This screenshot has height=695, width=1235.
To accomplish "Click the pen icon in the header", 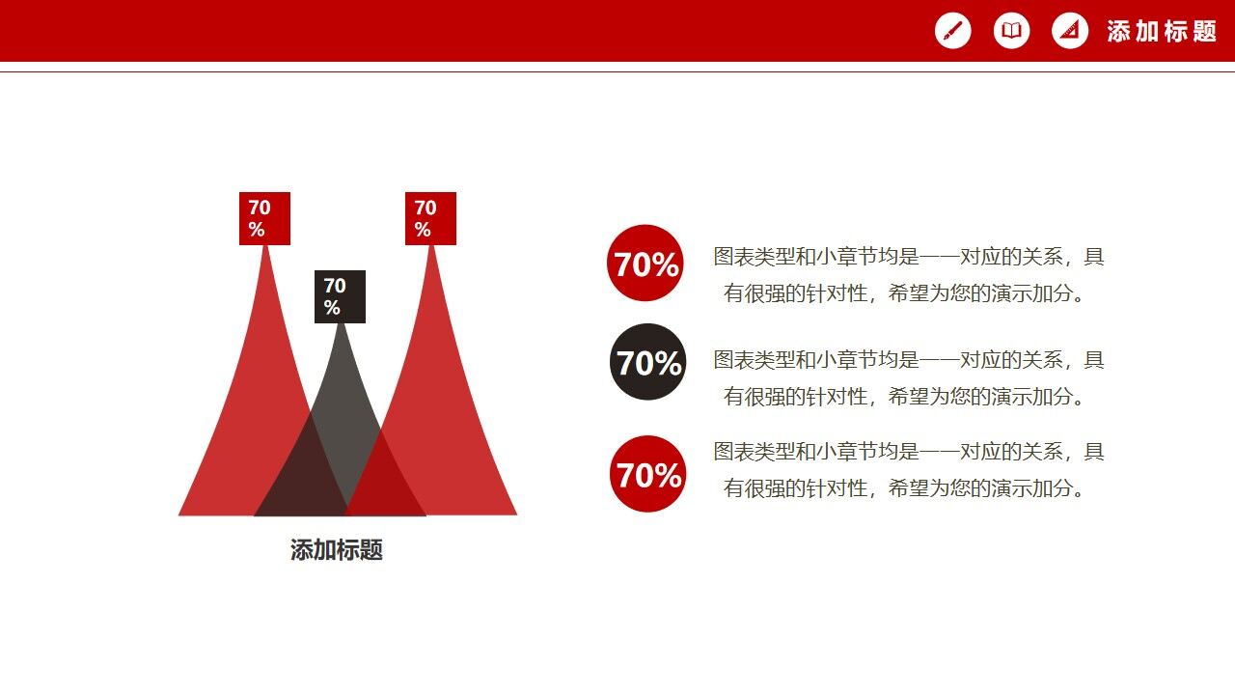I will tap(952, 31).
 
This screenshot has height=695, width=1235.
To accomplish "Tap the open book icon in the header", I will tap(1011, 31).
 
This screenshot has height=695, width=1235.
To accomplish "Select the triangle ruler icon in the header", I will tap(1069, 31).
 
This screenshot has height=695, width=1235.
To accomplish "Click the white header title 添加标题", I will tap(1162, 31).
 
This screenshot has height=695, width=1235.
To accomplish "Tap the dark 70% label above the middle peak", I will tap(340, 296).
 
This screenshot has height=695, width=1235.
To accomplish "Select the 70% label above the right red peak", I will tap(430, 218).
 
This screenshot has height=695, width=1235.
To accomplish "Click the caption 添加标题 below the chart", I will tap(337, 550).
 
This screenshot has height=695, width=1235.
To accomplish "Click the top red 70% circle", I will tap(645, 264).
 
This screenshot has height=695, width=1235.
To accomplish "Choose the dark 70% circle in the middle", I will tap(648, 363).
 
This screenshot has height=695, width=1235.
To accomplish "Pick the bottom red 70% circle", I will tap(648, 474).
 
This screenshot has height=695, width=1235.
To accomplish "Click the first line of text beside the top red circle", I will tap(908, 257).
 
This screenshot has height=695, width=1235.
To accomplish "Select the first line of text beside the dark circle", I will tap(908, 360).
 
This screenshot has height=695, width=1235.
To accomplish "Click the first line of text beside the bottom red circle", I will tap(908, 452).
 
